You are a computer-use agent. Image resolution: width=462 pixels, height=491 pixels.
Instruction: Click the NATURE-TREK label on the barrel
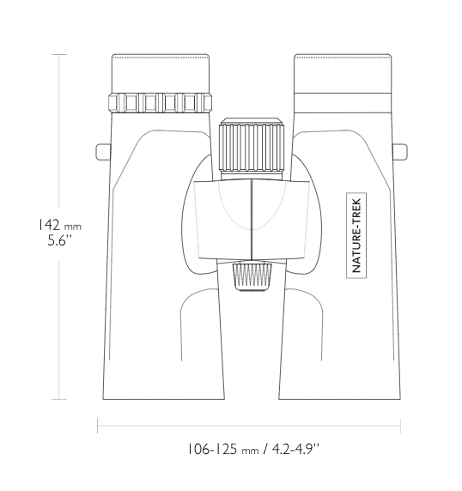[356, 235]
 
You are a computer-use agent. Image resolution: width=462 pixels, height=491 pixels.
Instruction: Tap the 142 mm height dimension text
[59, 225]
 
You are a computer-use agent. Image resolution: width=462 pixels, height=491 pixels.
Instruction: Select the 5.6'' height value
[59, 241]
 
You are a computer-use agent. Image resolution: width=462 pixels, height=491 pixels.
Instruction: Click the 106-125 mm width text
[223, 449]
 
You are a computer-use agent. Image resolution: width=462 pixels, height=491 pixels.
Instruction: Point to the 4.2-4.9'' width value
[295, 449]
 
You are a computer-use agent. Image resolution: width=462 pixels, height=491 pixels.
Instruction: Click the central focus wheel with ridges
[252, 148]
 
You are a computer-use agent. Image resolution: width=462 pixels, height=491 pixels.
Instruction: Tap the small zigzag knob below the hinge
[252, 277]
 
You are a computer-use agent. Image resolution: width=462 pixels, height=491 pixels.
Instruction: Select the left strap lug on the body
[103, 152]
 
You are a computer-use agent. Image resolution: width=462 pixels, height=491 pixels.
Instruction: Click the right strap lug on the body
[400, 152]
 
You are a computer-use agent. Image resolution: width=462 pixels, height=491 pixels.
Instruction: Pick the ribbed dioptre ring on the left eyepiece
[160, 102]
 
